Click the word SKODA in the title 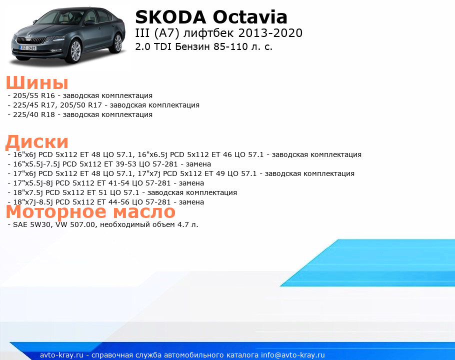pyautogui.click(x=170, y=17)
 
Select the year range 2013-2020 pyautogui.click(x=270, y=33)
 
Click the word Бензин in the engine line pyautogui.click(x=192, y=46)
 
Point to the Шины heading pyautogui.click(x=37, y=82)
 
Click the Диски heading pyautogui.click(x=37, y=142)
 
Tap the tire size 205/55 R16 pyautogui.click(x=34, y=95)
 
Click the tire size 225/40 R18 pyautogui.click(x=34, y=114)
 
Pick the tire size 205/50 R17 pyautogui.click(x=81, y=105)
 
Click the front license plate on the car pyautogui.click(x=28, y=47)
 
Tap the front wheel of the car pyautogui.click(x=75, y=51)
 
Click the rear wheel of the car pyautogui.click(x=118, y=43)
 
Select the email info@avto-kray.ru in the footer pyautogui.click(x=293, y=355)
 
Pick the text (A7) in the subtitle pyautogui.click(x=167, y=33)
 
